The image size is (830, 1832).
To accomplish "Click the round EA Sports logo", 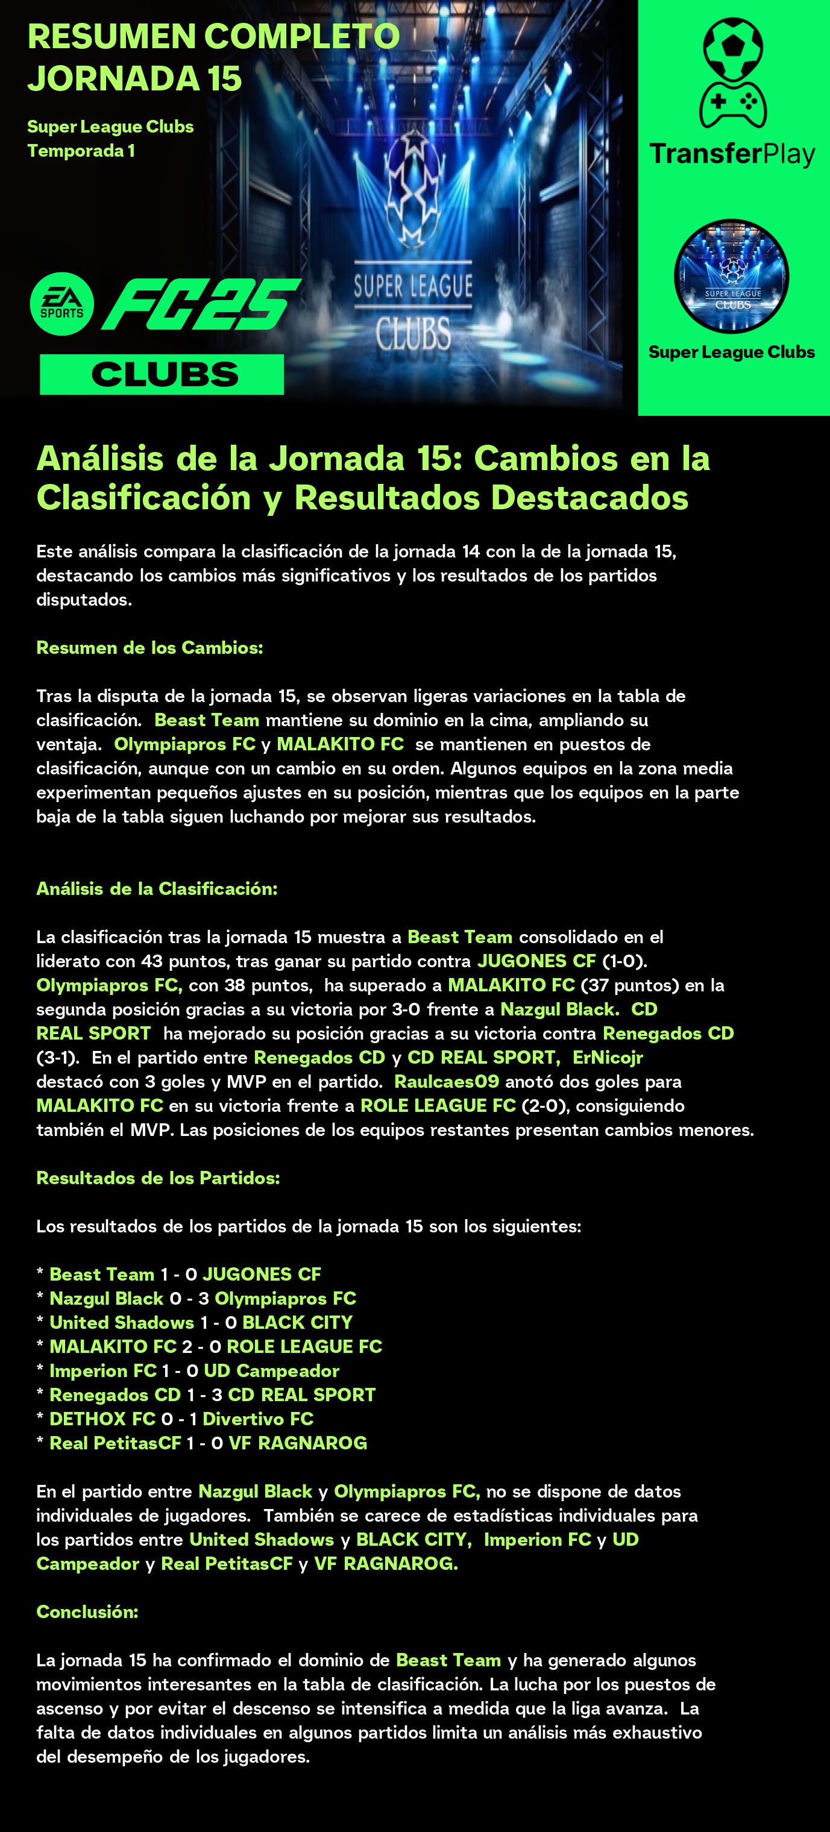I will point(62,304).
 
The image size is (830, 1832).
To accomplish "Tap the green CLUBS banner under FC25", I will point(162,375).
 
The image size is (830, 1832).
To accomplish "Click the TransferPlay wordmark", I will point(732,154).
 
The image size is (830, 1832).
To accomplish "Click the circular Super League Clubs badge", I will point(731,276).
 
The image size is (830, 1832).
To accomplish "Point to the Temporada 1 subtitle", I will point(81,151).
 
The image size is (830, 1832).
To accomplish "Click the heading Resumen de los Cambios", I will point(149,647).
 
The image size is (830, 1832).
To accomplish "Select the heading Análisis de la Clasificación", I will point(157,888).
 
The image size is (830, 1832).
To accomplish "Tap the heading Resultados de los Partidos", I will point(158,1178).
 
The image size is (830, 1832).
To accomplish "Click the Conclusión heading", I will point(87,1611).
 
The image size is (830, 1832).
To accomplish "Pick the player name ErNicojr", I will point(608,1058).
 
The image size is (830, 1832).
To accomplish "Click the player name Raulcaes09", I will point(447,1082).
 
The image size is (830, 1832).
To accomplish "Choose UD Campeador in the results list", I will point(271,1370).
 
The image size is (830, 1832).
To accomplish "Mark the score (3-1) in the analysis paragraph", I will point(57,1058).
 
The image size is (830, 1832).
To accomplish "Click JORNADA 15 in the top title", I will point(135,78).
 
